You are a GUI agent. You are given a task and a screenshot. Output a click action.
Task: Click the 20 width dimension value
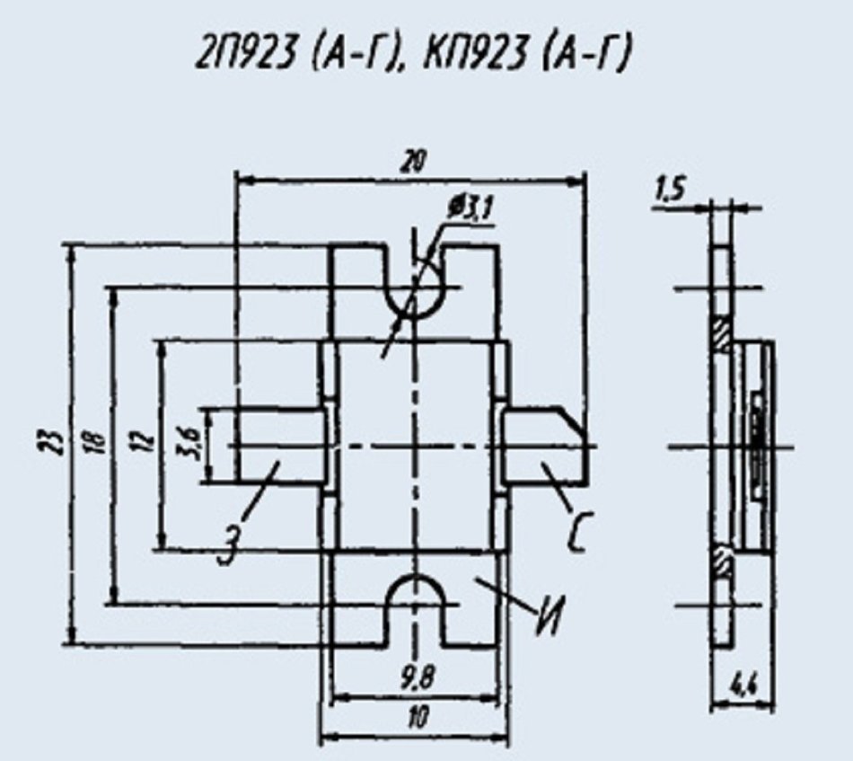tap(414, 161)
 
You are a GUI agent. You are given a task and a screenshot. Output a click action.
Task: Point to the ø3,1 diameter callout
tap(471, 209)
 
